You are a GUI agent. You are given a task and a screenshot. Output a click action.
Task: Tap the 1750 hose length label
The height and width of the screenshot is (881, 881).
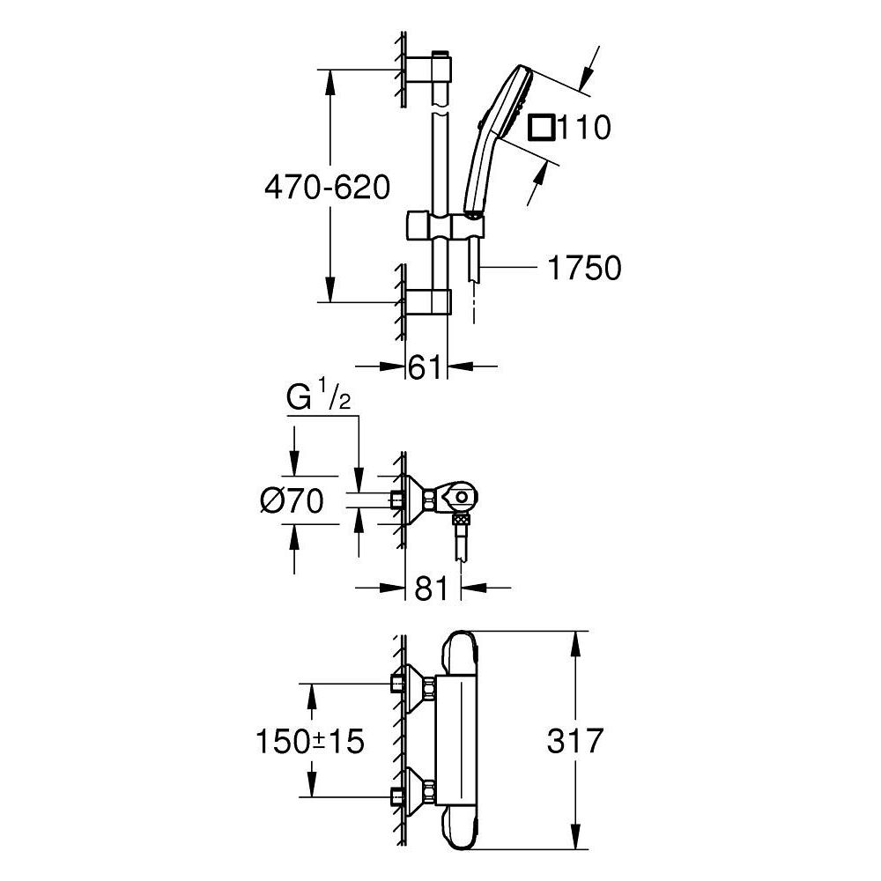tap(584, 268)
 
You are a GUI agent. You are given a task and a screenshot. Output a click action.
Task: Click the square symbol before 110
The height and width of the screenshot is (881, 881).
tap(540, 128)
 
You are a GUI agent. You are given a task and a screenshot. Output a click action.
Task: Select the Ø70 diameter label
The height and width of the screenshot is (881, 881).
tap(292, 502)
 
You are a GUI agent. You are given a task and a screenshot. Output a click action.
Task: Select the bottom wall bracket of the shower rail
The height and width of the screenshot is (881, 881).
tap(428, 300)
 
